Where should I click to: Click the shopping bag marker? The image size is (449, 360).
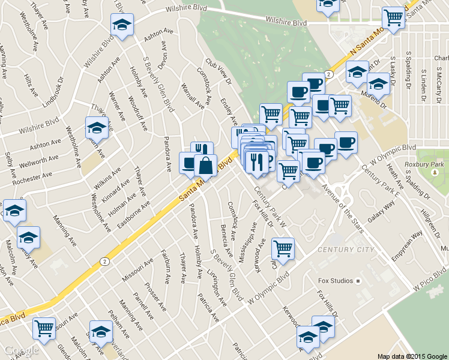click(205, 165)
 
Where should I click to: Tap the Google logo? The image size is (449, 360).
click(21, 350)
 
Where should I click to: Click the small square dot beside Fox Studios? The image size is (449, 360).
click(358, 280)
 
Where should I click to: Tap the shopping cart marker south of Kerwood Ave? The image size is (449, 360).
click(283, 247)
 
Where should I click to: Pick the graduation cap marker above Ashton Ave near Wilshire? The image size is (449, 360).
click(122, 25)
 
